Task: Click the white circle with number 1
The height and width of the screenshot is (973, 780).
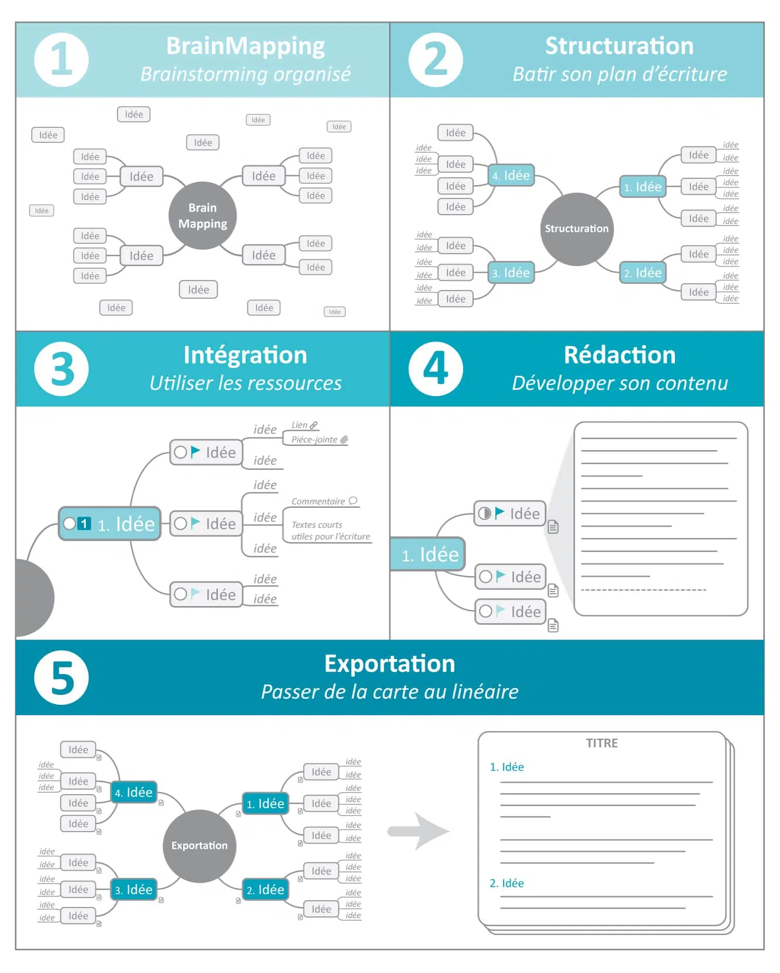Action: pos(61,60)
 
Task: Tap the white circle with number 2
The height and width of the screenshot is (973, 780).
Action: pos(436,60)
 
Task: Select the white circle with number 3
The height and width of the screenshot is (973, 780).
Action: pos(61,369)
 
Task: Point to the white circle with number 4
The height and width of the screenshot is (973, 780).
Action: pos(436,369)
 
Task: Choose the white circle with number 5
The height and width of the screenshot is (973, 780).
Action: pos(61,677)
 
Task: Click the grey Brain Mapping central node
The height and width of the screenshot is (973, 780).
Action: pos(202,216)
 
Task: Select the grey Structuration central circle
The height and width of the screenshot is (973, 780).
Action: pos(577,229)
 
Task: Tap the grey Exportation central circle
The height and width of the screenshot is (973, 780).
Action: pos(199,846)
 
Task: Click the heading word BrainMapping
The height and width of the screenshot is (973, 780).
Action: pos(245,46)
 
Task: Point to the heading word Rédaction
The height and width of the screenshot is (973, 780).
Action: pos(619,355)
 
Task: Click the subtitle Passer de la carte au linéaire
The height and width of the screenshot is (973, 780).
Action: pos(389,692)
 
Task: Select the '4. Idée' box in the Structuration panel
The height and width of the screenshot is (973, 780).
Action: pos(511,175)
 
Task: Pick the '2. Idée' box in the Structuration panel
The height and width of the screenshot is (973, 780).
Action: pos(643,272)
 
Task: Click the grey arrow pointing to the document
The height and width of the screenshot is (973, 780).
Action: pos(419,831)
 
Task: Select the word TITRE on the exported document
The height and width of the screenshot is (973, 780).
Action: pos(602,743)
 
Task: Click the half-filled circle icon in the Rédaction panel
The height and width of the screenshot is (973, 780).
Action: pos(484,514)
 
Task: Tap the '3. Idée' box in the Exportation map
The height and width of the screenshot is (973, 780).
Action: pos(134,889)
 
